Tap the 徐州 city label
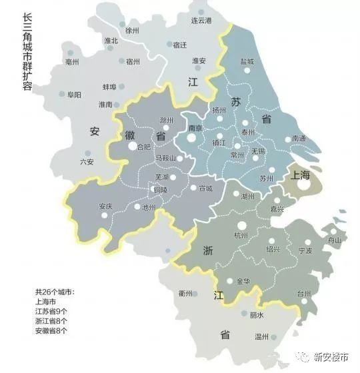[x=133, y=31]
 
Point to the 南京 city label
[x=195, y=128]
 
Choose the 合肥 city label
[x=143, y=147]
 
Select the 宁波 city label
[x=305, y=251]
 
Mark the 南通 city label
[x=299, y=139]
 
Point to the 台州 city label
[x=303, y=294]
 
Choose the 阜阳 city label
[x=74, y=95]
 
